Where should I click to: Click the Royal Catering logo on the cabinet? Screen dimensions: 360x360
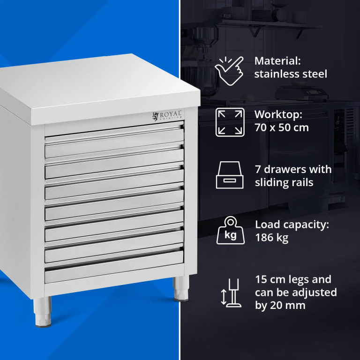click(167, 115)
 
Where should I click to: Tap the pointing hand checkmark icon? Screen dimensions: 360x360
click(229, 70)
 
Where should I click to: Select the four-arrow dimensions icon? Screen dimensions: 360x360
click(230, 122)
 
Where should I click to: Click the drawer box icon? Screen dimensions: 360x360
click(230, 175)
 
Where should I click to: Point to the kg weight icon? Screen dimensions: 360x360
click(231, 230)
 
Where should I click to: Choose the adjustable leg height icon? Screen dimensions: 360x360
click(231, 293)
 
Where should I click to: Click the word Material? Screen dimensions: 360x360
click(277, 61)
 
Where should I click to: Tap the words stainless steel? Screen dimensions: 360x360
click(291, 74)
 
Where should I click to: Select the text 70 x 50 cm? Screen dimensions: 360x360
click(282, 127)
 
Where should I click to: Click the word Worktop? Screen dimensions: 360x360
click(278, 115)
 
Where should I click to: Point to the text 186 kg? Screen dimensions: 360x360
click(272, 238)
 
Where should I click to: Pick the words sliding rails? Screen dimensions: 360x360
click(284, 182)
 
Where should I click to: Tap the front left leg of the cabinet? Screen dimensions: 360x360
click(43, 311)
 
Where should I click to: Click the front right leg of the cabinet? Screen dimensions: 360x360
click(181, 288)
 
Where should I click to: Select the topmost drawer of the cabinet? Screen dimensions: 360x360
click(114, 142)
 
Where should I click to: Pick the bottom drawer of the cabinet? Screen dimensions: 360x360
click(114, 267)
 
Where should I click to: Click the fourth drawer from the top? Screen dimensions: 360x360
click(114, 205)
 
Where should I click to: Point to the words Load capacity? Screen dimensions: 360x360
click(292, 225)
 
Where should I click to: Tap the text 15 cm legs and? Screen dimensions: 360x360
click(293, 279)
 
